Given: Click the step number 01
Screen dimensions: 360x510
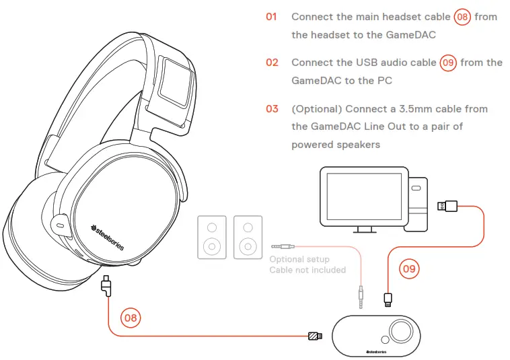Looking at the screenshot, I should tap(271, 16).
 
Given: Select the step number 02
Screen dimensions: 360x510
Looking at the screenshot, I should tap(272, 63).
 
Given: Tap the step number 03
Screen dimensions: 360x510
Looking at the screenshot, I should tap(272, 108).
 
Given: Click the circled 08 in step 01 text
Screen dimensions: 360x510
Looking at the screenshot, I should tap(462, 17).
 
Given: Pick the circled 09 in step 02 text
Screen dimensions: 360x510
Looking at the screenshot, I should tap(448, 63).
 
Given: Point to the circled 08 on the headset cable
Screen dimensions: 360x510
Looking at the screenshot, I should tap(131, 316).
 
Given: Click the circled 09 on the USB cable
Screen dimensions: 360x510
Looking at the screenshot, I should tap(409, 269).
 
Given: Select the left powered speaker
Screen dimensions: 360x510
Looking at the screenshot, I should tap(212, 237).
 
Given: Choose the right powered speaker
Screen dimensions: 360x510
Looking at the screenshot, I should tap(248, 237).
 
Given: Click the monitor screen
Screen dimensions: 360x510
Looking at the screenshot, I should tap(363, 196).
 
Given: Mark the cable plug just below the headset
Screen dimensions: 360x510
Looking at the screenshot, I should tap(106, 286).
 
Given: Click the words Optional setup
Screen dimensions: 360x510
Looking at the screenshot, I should tap(299, 259).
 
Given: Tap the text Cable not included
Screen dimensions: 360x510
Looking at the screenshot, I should tap(307, 270).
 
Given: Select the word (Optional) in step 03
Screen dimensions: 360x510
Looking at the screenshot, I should tap(315, 108).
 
